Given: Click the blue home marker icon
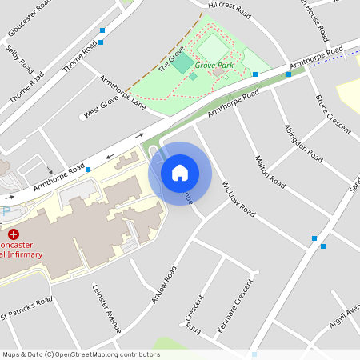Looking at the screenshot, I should pyautogui.click(x=180, y=172).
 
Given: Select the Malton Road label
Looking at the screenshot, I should pyautogui.click(x=270, y=170).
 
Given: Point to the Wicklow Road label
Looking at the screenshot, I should pyautogui.click(x=238, y=200).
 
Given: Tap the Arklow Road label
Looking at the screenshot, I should pyautogui.click(x=163, y=285).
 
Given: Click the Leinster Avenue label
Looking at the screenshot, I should pyautogui.click(x=106, y=307).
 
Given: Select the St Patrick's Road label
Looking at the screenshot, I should pyautogui.click(x=26, y=307).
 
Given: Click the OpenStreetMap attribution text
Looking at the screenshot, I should pyautogui.click(x=80, y=354).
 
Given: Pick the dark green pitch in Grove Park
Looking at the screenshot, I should pyautogui.click(x=183, y=62).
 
